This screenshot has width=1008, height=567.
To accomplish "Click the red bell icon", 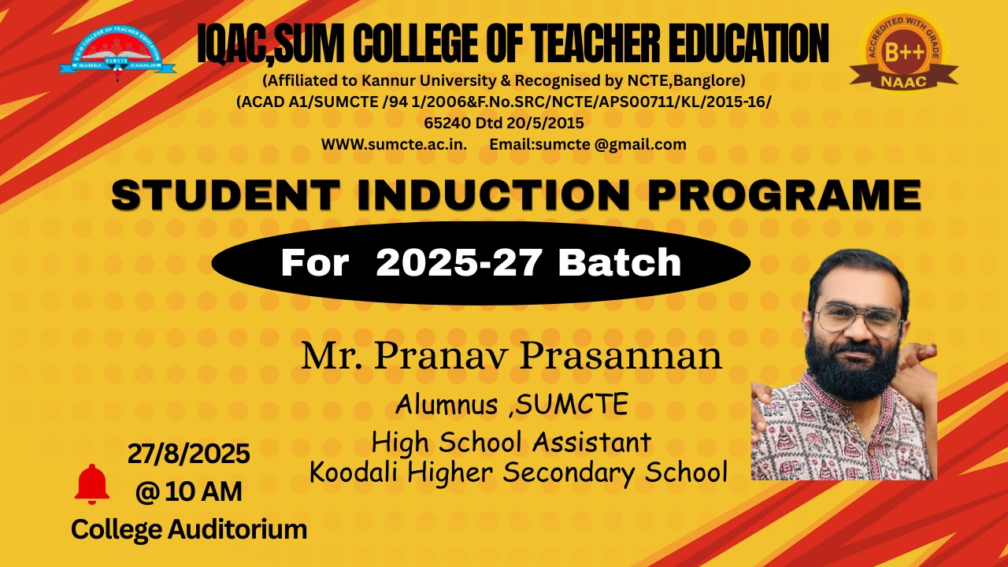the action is point(92,484).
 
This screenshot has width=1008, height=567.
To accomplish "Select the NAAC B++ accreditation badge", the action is point(903,51).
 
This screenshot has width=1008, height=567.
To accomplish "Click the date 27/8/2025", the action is point(188,453).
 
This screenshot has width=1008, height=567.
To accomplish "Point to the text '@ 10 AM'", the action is point(188,491).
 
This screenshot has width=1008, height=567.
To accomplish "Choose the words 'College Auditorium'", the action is point(189,529).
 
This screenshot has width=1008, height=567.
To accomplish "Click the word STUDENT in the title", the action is point(225,195).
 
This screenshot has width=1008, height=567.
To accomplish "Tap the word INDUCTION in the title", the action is point(493,195).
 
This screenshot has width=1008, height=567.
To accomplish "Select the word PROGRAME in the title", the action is point(784,195).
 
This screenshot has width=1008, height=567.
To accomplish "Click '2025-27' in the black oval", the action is point(458,262).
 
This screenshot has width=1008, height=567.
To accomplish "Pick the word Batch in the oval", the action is point(620,262).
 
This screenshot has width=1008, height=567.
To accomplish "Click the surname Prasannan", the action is point(621,357).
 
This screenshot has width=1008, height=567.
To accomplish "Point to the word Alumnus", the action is point(447,404).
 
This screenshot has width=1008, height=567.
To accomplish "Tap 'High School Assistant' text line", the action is point(511,443).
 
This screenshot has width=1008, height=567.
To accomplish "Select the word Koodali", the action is point(354,472).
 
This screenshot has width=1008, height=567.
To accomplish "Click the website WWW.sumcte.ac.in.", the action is point(394,144).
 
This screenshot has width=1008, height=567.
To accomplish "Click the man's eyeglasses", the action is point(858,319).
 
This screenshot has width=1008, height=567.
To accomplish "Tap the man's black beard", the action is point(853,370).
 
